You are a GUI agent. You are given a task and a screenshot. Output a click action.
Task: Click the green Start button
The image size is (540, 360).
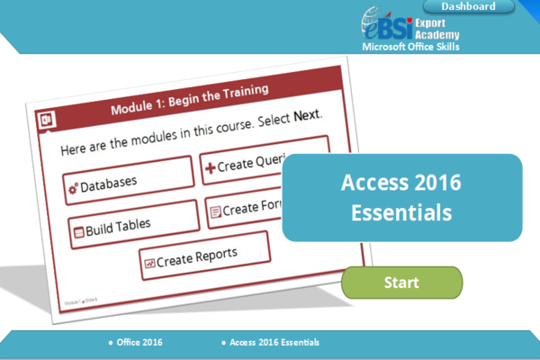click(x=401, y=283)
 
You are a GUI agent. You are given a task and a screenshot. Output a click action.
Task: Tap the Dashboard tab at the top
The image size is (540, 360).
click(x=468, y=7)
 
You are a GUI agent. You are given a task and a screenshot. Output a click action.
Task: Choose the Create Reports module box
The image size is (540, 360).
click(x=204, y=255)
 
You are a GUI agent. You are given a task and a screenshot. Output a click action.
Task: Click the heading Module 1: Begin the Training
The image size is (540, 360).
click(x=190, y=99)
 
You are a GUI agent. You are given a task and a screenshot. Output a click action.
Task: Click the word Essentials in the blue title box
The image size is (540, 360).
click(x=401, y=214)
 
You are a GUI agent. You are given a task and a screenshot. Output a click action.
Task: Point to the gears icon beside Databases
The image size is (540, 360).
click(x=72, y=187)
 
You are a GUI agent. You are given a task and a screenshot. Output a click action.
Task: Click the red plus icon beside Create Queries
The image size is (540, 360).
click(x=210, y=167)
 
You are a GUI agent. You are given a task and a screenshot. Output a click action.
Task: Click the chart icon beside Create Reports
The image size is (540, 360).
click(x=149, y=263)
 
